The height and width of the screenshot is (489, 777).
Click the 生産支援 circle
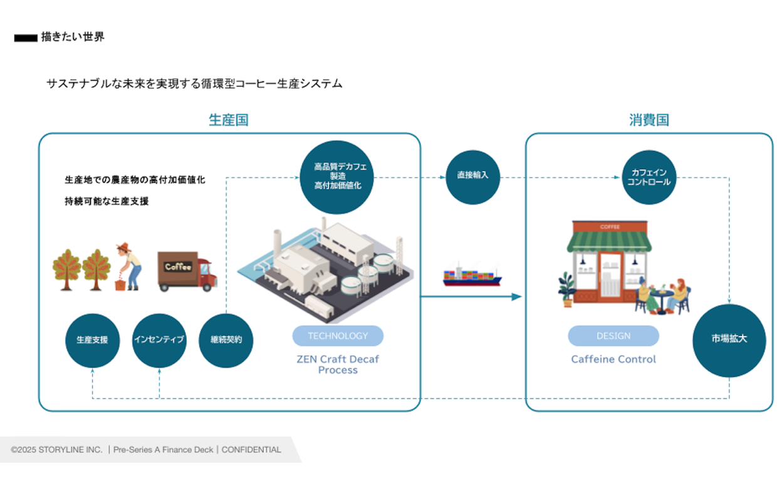92,340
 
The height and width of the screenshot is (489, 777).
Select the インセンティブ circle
159,340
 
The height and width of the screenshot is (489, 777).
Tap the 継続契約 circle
226,340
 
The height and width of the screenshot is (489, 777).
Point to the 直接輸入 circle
472,176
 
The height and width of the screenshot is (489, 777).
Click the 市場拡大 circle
729,340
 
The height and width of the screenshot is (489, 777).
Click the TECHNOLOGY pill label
338,336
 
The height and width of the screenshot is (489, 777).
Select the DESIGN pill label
613,336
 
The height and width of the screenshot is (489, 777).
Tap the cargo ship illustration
472,276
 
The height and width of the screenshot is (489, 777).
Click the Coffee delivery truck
187,271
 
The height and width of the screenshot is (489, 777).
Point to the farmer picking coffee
129,266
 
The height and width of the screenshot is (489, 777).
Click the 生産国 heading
229,120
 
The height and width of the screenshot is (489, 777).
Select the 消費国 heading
649,120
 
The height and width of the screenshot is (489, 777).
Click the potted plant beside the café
567,289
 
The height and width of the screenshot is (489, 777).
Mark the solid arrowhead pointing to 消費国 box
516,297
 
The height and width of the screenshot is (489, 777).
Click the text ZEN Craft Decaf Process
338,364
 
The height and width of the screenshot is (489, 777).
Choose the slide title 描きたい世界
73,37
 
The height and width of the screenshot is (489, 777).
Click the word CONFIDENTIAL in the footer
251,450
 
